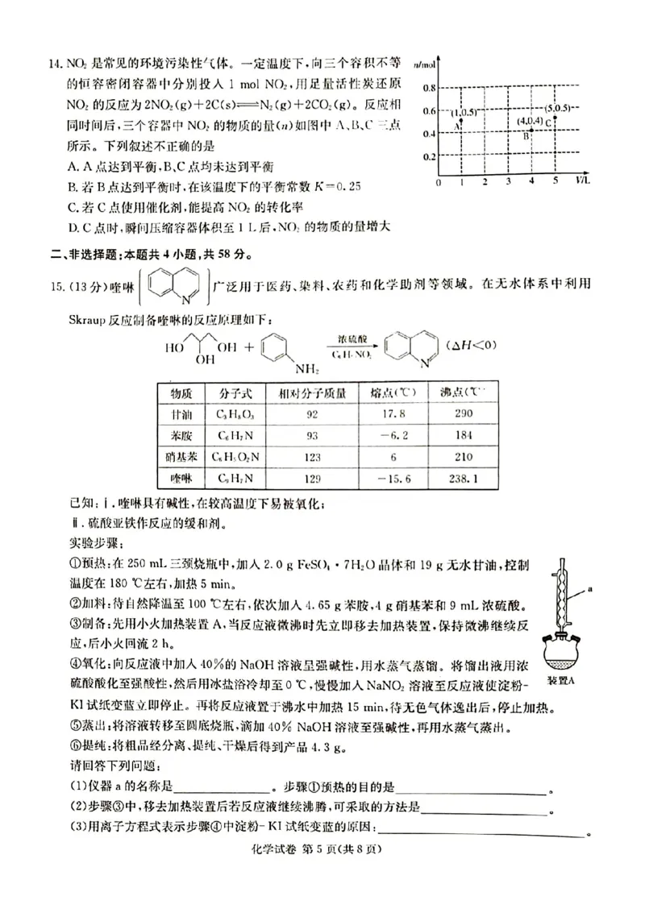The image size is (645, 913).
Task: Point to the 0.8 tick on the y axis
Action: click(x=430, y=87)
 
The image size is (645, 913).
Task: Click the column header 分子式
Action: click(x=235, y=393)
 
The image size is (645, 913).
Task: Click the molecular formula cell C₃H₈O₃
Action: click(x=235, y=414)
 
